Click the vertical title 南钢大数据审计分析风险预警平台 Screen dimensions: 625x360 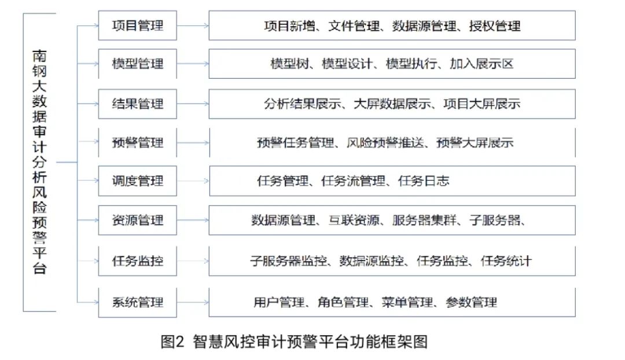pos(39,162)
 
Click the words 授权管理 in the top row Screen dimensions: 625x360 pos(495,26)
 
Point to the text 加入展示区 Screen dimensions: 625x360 pos(481,64)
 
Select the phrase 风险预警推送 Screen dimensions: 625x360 pos(385,142)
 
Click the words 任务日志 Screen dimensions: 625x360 pos(424,181)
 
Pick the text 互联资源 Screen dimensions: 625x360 pos(354,220)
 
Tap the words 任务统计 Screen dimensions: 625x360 pos(506,261)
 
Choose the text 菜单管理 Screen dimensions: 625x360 pos(407,302)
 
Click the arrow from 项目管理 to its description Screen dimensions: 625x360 pos(193,26)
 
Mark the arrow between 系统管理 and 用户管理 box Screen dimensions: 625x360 pos(193,302)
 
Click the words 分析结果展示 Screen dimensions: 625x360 pos(303,104)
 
